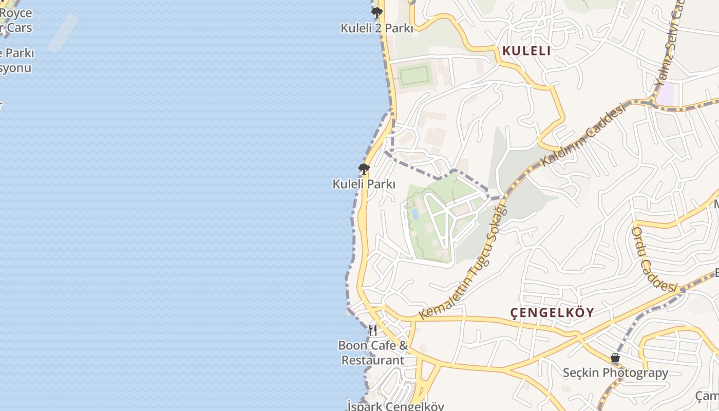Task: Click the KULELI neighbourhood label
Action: (526, 51)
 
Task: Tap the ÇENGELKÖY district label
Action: (552, 312)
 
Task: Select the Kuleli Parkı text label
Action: (364, 184)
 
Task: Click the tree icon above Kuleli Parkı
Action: (364, 169)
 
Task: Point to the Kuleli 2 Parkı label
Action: (376, 28)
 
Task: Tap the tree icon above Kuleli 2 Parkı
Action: (377, 13)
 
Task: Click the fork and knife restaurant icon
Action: (373, 330)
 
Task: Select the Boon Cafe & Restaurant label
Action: (373, 352)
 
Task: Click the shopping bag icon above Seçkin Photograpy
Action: (615, 358)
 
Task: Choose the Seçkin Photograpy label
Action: (615, 373)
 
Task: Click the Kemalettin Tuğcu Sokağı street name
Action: (463, 262)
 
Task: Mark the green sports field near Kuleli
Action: (414, 76)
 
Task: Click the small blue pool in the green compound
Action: (415, 213)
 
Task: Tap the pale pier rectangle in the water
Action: (64, 32)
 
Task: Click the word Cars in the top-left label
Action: (20, 28)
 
